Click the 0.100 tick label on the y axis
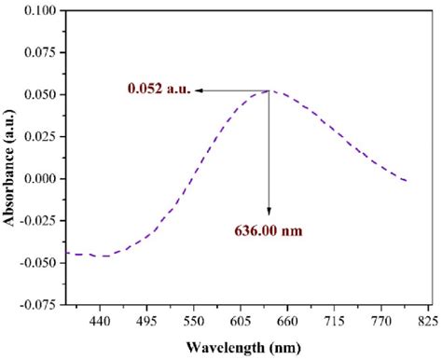tap(41, 10)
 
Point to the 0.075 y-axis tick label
tap(41, 52)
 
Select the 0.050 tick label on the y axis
tap(41, 94)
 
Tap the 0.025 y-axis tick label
tap(41, 136)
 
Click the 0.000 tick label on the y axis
tap(41, 178)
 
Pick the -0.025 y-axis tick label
tap(38, 220)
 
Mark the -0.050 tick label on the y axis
tap(38, 262)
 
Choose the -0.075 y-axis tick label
tap(38, 304)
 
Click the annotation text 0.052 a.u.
tap(159, 90)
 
